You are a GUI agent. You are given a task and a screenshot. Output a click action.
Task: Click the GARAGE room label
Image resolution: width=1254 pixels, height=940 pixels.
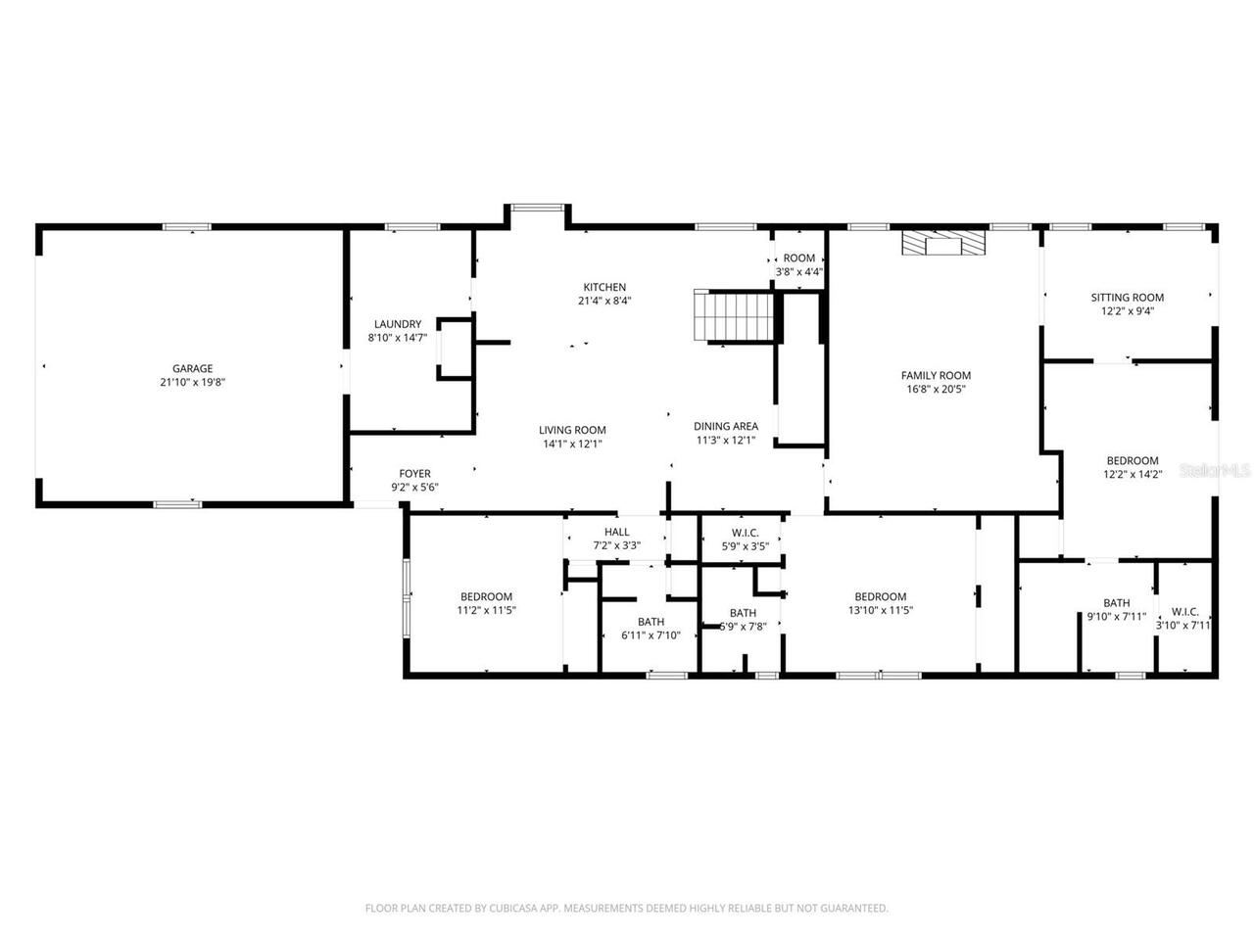coord(192,369)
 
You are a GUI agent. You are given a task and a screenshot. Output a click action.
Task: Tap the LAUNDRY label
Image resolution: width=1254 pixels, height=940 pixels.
coord(398,324)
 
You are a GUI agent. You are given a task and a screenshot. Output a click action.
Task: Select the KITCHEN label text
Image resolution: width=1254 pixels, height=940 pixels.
coord(604,287)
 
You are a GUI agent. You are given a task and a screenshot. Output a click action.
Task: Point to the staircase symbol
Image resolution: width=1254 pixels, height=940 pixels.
coord(735,315)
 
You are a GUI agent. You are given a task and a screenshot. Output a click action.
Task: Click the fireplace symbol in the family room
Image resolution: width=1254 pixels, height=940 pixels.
coord(943,243)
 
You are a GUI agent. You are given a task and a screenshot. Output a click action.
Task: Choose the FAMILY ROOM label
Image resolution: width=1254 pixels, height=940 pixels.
coord(936,375)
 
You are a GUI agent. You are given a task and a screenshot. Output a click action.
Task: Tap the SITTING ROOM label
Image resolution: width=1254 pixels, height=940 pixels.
coord(1128,298)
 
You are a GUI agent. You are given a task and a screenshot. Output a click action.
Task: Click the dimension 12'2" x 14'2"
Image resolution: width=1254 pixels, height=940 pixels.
coord(1133,474)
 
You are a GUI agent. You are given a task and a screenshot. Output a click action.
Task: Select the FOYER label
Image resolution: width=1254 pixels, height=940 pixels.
coord(414,474)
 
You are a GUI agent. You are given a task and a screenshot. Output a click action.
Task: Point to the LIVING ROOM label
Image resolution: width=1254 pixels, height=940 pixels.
coord(572,430)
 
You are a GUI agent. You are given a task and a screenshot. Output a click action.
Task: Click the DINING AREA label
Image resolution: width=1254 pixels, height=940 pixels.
coord(726,426)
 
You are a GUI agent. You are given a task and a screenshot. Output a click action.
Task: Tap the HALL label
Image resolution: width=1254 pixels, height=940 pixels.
coord(617,532)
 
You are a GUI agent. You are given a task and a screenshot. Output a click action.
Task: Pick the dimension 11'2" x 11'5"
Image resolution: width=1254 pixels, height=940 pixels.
coord(486,610)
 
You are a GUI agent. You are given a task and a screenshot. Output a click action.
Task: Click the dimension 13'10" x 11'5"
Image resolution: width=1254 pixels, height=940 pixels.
coord(880,610)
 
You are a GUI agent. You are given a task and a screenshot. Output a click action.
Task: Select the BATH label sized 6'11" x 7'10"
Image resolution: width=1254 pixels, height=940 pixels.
coord(651,622)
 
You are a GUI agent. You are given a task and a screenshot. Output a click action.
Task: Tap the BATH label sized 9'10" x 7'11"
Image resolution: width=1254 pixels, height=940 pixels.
coord(1116,603)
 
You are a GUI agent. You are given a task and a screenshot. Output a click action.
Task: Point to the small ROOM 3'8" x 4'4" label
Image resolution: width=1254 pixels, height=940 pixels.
coord(798,258)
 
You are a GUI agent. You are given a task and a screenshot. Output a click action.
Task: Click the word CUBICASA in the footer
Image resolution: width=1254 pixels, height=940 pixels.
coord(512,909)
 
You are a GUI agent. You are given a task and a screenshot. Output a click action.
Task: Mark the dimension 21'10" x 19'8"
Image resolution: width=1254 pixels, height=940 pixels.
coord(192,383)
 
